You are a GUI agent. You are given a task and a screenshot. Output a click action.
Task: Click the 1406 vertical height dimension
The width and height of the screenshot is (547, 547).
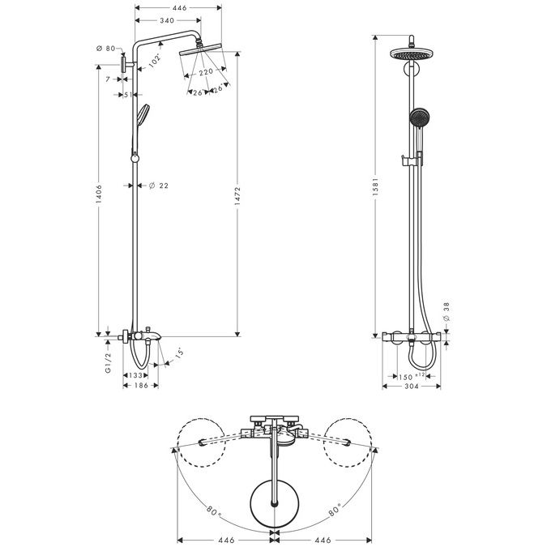pyautogui.click(x=99, y=193)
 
